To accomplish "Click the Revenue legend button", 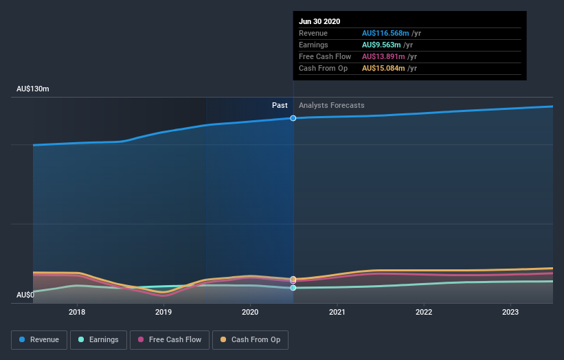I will (40, 339).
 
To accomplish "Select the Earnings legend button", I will (99, 339).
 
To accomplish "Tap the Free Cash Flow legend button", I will (169, 339).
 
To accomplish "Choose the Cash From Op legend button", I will (250, 339).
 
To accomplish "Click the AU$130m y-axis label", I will (33, 89).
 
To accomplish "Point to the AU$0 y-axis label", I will (26, 295).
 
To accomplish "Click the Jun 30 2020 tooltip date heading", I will (319, 21).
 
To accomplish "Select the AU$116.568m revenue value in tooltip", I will (385, 33).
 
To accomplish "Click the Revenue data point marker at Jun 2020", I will (293, 118).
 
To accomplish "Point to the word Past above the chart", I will (280, 105).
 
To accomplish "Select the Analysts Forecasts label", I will (332, 105).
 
